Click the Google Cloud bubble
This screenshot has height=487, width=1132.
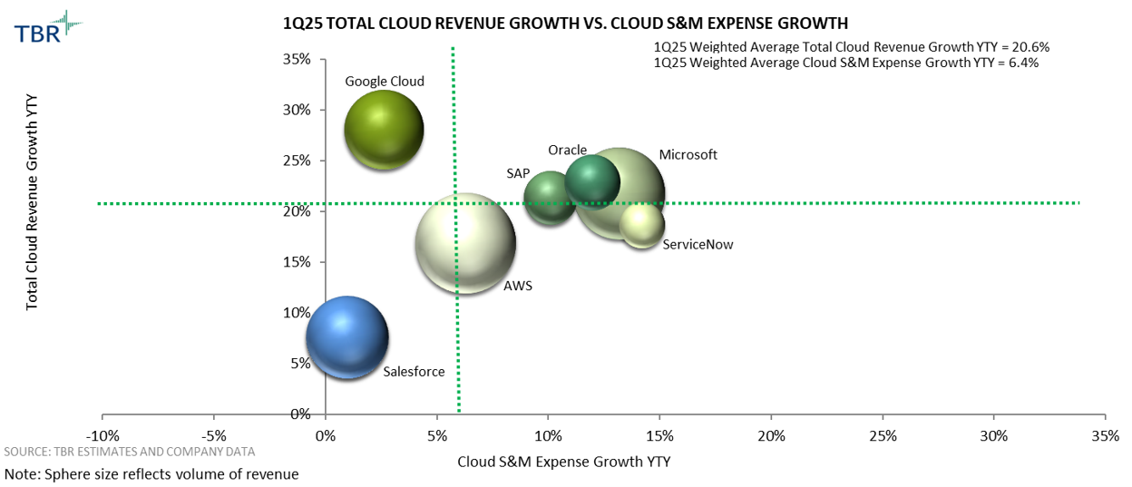384,130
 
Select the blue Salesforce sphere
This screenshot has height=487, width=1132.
347,337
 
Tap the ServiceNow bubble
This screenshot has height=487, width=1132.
642,223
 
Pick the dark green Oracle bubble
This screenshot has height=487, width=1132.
592,180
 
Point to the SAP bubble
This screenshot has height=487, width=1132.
550,198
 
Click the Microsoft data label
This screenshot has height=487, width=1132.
688,155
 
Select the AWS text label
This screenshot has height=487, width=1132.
518,286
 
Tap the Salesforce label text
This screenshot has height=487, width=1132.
414,371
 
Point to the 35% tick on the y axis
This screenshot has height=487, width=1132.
298,60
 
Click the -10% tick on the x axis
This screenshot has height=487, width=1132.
102,434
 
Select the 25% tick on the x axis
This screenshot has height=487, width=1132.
883,434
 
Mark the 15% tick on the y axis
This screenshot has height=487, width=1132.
298,262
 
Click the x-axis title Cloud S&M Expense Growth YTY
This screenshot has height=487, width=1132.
563,462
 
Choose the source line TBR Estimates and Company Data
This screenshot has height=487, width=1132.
130,451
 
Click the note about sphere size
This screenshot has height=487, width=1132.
151,473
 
